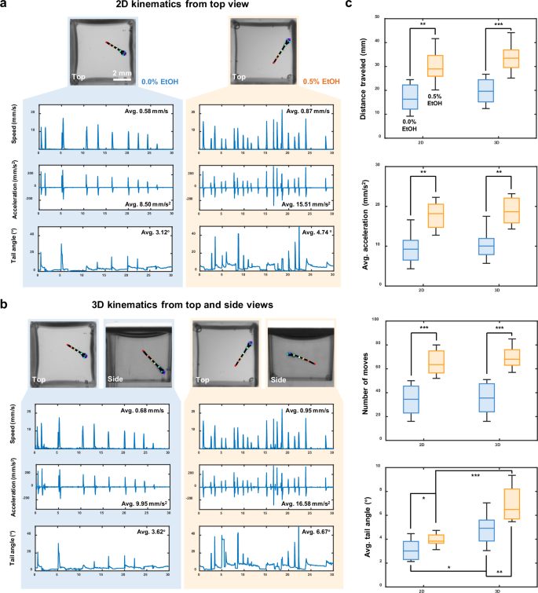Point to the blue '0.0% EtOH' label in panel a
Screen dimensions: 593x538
159,80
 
